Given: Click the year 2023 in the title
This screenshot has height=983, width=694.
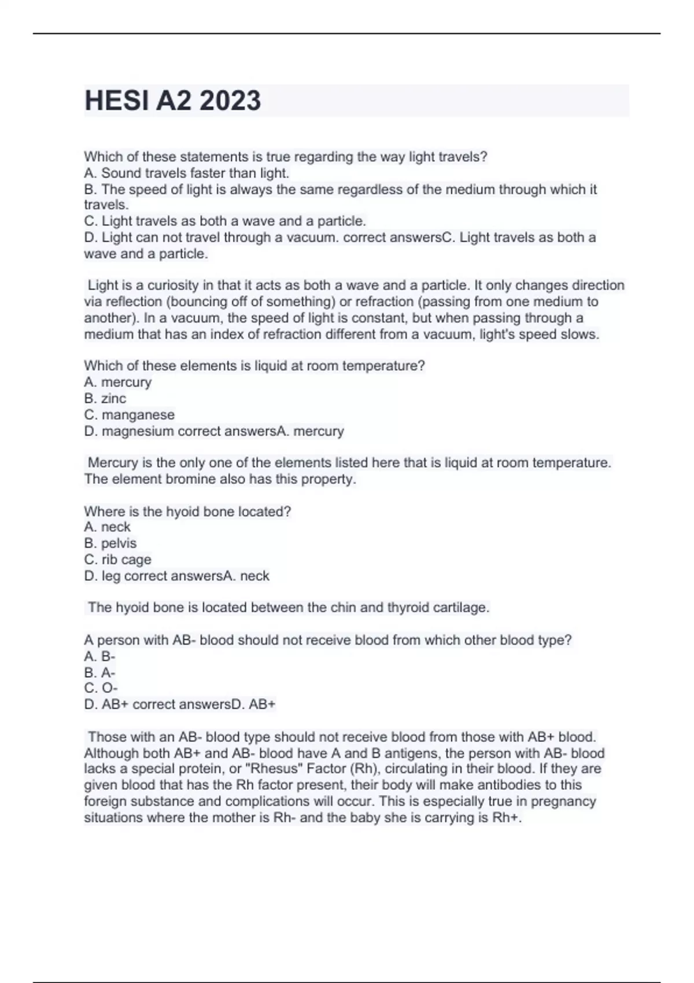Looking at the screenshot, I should point(230,101).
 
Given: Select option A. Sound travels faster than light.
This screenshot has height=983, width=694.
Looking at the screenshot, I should point(186,173).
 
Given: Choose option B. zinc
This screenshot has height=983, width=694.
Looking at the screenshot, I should point(105,398).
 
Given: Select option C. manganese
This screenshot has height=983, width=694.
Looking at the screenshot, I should point(129,415).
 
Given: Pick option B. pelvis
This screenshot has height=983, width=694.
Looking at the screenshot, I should point(110,544).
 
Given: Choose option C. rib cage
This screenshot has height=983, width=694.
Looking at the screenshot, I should point(117,560).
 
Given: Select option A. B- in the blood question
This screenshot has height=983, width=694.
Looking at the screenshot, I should point(99,656).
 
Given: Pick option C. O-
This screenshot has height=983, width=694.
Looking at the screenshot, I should point(101,688).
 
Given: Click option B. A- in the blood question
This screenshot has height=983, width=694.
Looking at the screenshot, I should point(99,672).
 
